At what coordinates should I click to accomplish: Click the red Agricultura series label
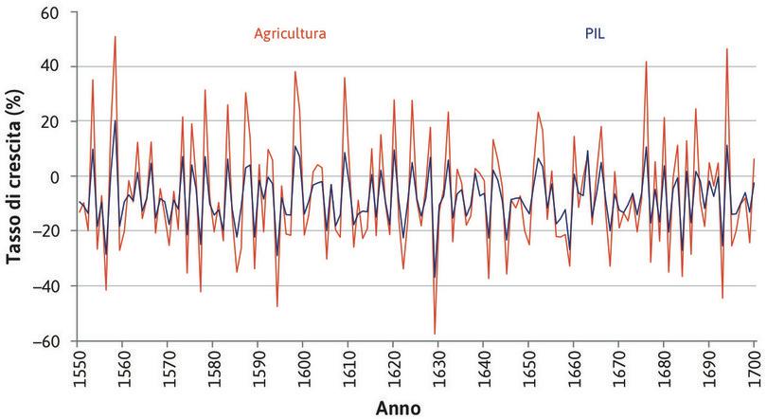coord(290,34)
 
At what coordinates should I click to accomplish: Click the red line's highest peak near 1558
coord(116,37)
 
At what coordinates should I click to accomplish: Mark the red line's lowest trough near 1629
coord(435,334)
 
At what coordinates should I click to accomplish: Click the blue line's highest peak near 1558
coord(116,120)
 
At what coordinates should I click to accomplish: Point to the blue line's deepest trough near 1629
coord(435,278)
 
